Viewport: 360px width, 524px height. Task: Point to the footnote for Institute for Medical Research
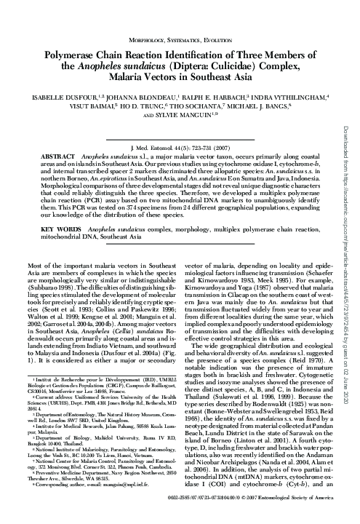click(x=95, y=437)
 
